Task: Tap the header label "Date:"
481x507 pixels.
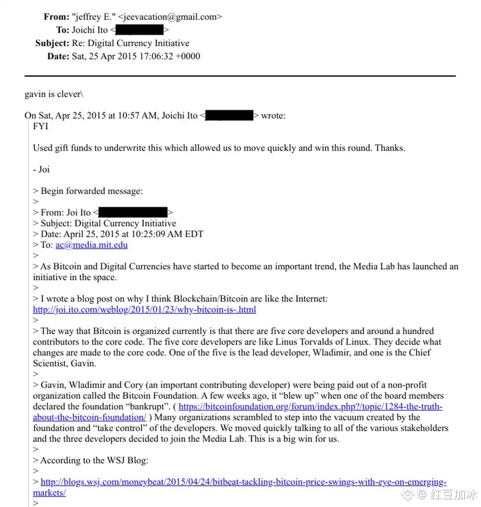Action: pyautogui.click(x=58, y=56)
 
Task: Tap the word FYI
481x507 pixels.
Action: pyautogui.click(x=41, y=126)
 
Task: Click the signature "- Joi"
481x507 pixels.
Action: pyautogui.click(x=42, y=169)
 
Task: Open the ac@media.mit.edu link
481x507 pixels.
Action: pyautogui.click(x=91, y=245)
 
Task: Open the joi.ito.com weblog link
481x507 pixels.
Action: pyautogui.click(x=144, y=310)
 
